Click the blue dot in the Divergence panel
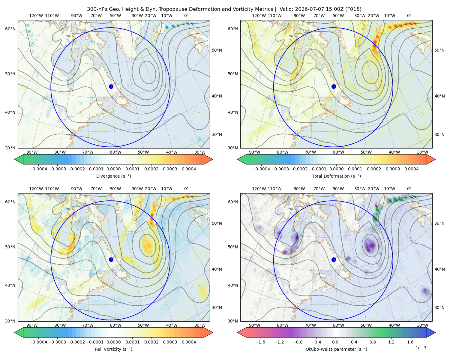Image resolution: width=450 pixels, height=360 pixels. point(111,86)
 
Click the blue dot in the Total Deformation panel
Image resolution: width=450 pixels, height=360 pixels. point(334,86)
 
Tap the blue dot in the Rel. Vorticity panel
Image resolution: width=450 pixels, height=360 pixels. point(111,259)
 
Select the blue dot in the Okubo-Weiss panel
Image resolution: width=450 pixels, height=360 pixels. point(334,259)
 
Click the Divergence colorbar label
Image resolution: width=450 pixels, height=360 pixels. point(113,176)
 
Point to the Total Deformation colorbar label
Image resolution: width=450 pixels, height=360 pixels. point(336,176)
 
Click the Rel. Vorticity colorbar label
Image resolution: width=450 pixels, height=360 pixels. point(113,349)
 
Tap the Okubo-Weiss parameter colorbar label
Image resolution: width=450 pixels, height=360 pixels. point(336,349)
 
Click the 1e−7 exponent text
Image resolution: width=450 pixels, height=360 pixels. point(421,348)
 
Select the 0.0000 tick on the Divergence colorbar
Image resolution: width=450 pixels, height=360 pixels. point(113,169)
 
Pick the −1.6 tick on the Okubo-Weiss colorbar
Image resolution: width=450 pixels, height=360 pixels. point(260,342)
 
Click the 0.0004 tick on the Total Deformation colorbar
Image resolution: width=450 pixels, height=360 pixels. point(411,169)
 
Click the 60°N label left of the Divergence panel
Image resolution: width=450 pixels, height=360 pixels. point(10,29)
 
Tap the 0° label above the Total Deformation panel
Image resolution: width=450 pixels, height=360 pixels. point(409,16)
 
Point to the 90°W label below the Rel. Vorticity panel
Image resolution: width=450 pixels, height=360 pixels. point(32,325)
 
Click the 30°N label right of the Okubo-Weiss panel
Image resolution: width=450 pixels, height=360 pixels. point(439,307)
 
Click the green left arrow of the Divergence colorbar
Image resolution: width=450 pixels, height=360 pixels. point(19,159)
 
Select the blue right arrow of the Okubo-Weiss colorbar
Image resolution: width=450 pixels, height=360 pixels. point(431,332)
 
